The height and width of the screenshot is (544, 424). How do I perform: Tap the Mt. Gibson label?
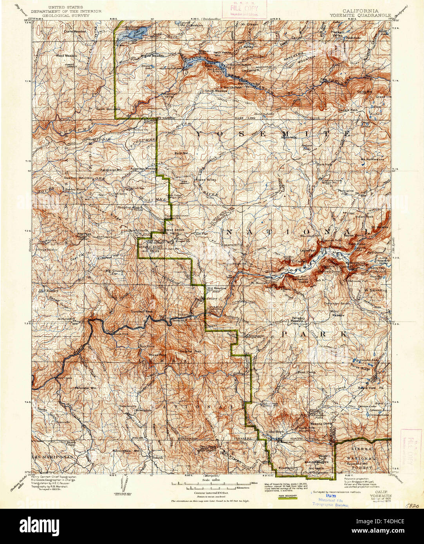click(250, 24)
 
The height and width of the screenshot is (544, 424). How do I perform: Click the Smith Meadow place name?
click(216, 91)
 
